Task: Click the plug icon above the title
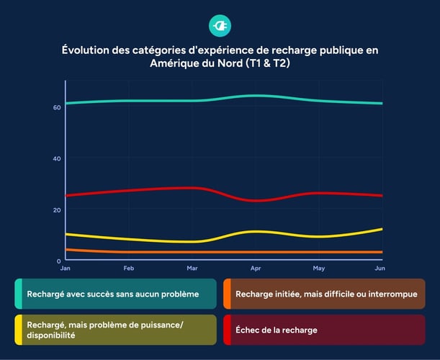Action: point(220,26)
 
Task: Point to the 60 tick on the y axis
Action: point(57,107)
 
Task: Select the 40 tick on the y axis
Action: point(57,158)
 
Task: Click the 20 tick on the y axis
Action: point(57,210)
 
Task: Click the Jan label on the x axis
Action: point(66,268)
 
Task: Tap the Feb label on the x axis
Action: point(129,268)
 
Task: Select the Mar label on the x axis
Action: point(192,268)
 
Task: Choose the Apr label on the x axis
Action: point(256,268)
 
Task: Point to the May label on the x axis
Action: point(319,268)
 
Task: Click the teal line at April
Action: point(256,95)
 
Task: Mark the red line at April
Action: point(256,200)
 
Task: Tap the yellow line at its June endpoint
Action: point(382,229)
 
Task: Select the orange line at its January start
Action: point(66,249)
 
